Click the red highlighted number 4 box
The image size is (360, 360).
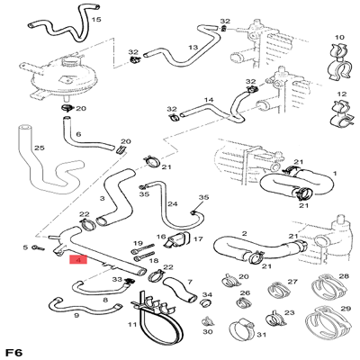[x=77, y=261]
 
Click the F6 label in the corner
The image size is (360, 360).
[x=13, y=351]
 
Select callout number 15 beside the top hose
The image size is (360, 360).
[x=96, y=19]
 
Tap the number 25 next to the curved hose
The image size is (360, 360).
[x=39, y=148]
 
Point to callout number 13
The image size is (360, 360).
[x=193, y=47]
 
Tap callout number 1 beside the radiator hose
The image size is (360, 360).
[x=334, y=172]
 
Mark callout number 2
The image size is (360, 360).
[x=244, y=235]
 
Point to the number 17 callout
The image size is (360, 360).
[x=198, y=240]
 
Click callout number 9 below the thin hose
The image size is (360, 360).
[x=76, y=316]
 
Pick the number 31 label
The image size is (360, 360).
[x=261, y=333]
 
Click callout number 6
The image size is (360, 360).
[x=78, y=135]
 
